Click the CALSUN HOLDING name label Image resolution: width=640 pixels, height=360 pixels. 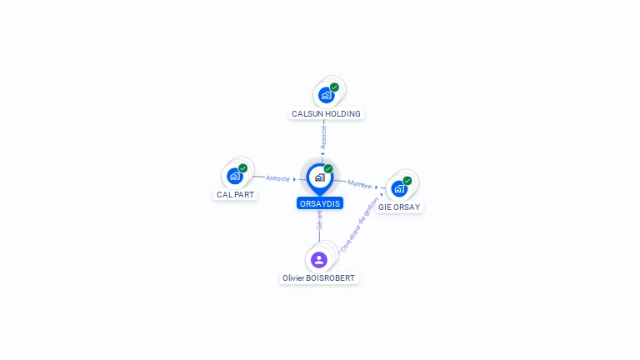(x=326, y=113)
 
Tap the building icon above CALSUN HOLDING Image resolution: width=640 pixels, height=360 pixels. (x=326, y=95)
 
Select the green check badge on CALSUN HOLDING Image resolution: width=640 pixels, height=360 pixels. (x=334, y=87)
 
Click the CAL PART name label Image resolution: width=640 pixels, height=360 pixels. (x=236, y=195)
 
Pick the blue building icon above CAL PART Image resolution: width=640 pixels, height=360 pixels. (x=235, y=176)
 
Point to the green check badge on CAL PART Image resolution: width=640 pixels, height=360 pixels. (x=243, y=168)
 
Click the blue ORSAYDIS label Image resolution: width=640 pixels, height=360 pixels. (x=320, y=203)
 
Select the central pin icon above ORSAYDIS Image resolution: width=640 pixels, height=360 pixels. (x=319, y=177)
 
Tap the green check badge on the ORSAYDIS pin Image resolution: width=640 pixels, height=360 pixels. (x=328, y=169)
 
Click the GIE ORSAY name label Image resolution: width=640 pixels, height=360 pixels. (x=399, y=207)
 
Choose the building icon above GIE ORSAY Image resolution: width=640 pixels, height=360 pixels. (x=399, y=188)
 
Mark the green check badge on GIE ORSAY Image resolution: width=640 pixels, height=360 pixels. (x=407, y=181)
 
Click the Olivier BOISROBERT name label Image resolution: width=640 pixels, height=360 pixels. (x=319, y=278)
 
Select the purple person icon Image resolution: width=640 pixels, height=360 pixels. (x=319, y=259)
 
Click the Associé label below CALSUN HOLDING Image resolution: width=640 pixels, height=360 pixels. (x=324, y=137)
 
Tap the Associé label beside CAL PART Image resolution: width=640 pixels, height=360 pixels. (x=277, y=178)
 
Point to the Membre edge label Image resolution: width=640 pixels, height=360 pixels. (x=360, y=184)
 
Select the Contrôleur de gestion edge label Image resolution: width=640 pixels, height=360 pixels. (x=360, y=231)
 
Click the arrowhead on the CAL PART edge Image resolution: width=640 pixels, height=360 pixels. (x=295, y=179)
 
